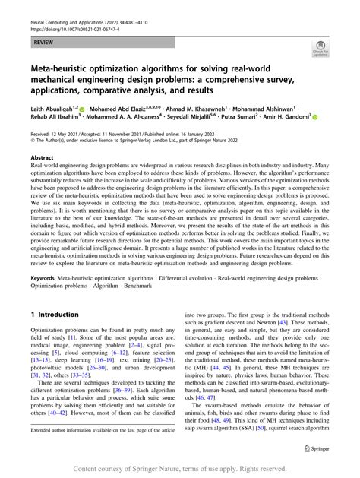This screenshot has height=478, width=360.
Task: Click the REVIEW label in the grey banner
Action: tap(43, 43)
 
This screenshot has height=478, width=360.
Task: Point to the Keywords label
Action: tap(45, 278)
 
